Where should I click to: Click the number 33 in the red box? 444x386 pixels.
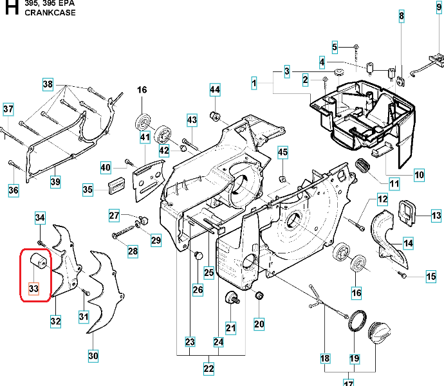click(x=34, y=289)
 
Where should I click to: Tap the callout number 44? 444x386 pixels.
click(x=214, y=89)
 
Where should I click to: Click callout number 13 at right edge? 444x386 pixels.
click(x=436, y=216)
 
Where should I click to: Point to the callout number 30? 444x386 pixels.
click(x=93, y=355)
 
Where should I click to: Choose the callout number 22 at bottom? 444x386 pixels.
click(x=208, y=369)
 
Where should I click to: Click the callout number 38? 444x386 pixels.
click(x=48, y=84)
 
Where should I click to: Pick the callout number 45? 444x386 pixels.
click(x=282, y=152)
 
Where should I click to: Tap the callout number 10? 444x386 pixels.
click(x=418, y=174)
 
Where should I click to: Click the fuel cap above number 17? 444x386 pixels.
click(x=380, y=333)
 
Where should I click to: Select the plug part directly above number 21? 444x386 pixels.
click(x=230, y=299)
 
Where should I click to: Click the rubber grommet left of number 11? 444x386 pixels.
click(x=363, y=166)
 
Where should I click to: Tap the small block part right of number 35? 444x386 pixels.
click(x=116, y=186)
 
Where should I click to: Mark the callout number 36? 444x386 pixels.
click(x=14, y=190)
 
